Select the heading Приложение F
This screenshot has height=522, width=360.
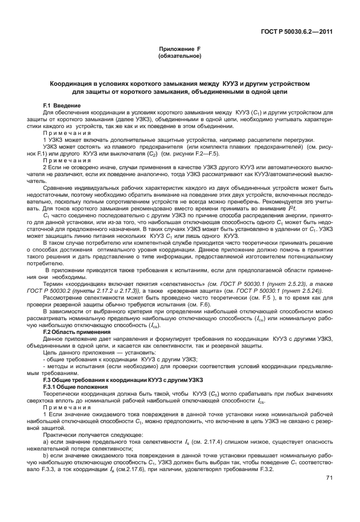(x=179, y=50)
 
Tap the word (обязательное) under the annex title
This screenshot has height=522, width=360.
(x=179, y=57)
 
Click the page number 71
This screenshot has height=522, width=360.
(x=329, y=477)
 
